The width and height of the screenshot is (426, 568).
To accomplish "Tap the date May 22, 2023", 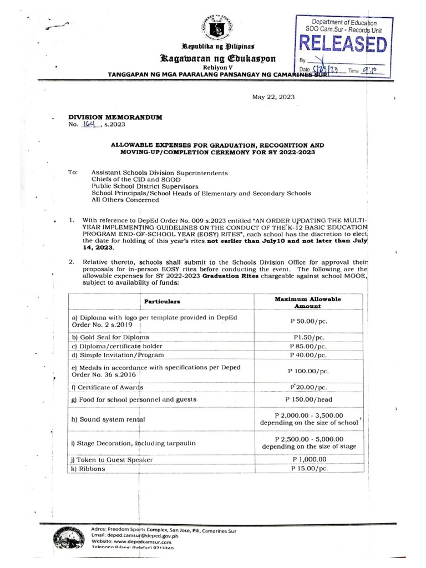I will [273, 97].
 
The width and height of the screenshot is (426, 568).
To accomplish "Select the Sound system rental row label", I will [109, 419].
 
